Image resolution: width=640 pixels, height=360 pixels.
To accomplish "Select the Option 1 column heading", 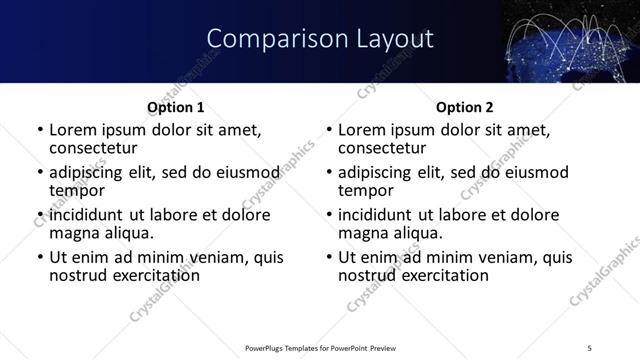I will click(175, 107).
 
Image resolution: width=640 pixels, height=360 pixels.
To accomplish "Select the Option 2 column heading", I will click(464, 107).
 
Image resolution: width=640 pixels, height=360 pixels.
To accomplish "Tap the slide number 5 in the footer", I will click(589, 347).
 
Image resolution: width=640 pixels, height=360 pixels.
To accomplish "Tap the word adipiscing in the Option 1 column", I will click(90, 172).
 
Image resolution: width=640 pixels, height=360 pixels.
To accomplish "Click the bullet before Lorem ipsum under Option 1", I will click(40, 130).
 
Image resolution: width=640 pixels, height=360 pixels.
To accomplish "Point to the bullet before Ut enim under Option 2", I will click(329, 258).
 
